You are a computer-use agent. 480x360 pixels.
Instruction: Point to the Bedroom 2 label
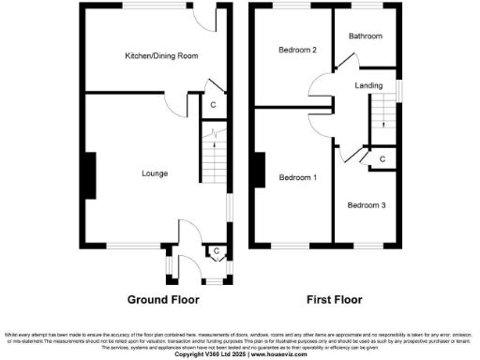(293, 50)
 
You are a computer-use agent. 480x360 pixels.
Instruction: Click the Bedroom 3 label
(366, 204)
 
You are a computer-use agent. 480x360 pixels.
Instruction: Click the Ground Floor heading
(165, 301)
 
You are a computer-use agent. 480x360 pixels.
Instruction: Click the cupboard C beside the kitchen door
(214, 104)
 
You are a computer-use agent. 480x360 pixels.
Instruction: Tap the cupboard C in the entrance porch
(217, 250)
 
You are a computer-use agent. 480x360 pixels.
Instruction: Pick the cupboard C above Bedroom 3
(382, 161)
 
